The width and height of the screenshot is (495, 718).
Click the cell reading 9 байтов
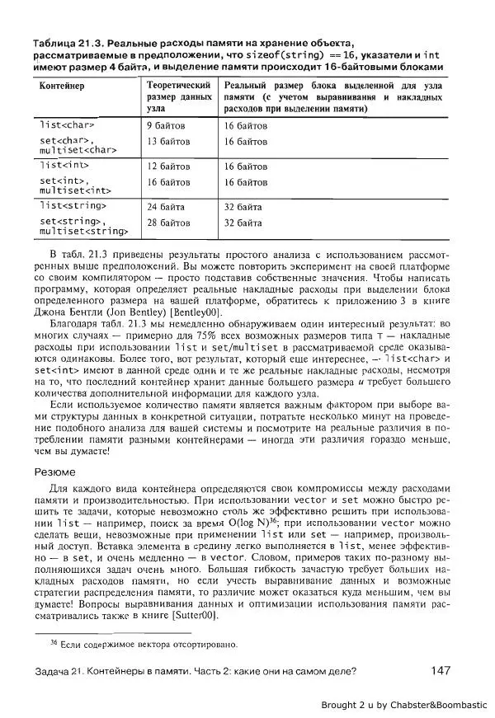coord(166,126)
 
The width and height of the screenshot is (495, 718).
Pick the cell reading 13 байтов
coord(168,142)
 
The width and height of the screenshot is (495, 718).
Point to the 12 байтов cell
coord(168,166)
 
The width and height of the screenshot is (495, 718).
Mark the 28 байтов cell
coord(168,223)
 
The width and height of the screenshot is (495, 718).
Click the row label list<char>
coord(67,126)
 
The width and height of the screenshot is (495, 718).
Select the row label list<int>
coord(64,166)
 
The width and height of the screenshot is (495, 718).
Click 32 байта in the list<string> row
coord(243,207)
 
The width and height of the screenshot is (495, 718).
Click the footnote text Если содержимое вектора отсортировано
coord(148,643)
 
